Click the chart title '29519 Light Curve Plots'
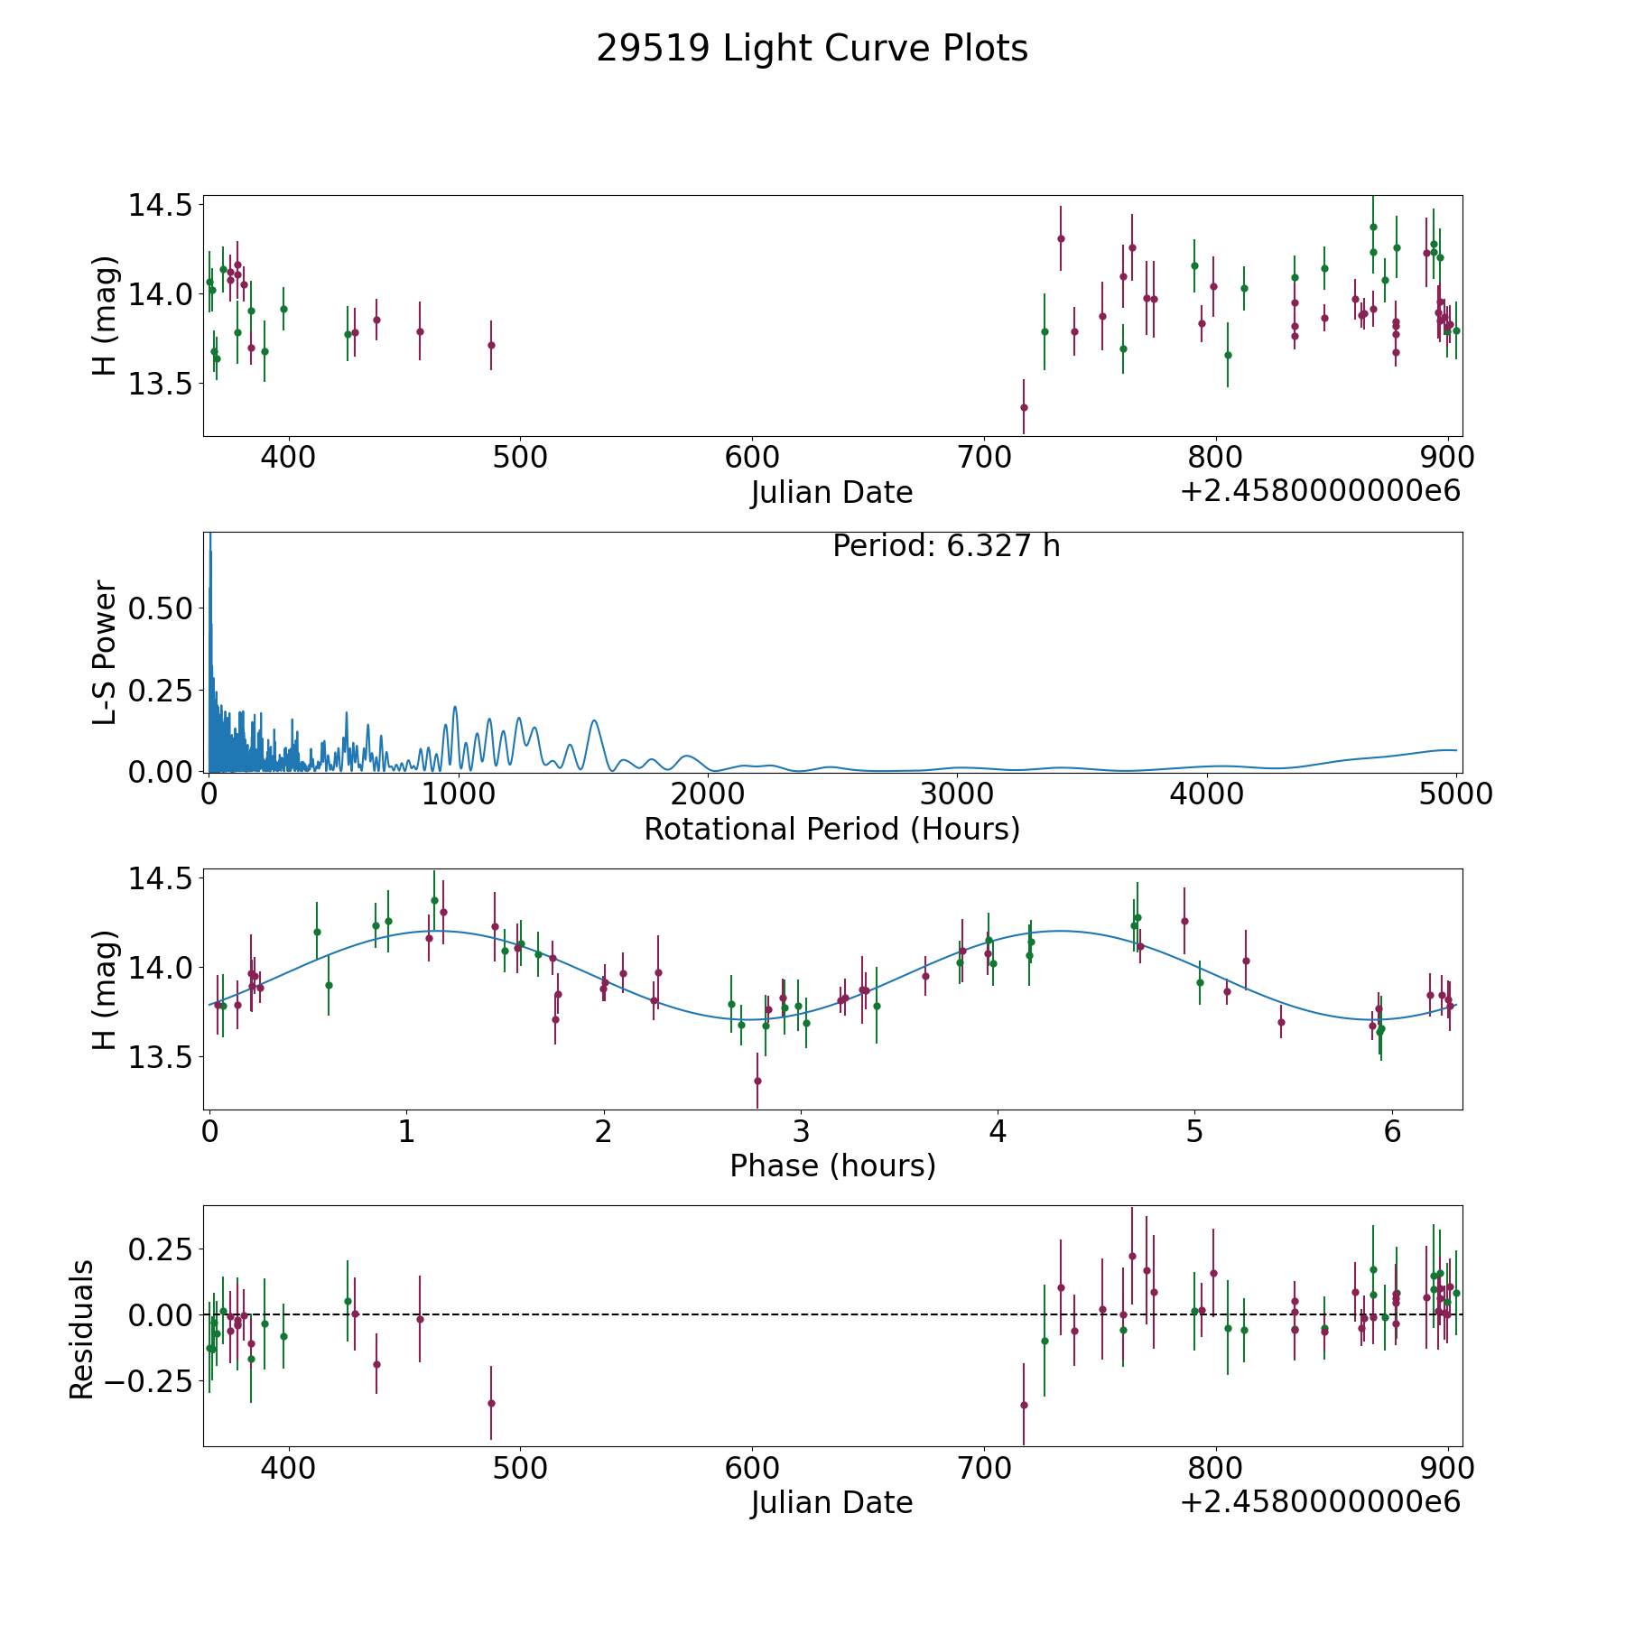click(812, 49)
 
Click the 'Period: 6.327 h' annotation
click(946, 546)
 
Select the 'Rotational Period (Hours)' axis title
click(831, 829)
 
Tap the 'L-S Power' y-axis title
click(105, 653)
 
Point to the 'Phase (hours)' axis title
click(832, 1165)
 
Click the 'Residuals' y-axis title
click(82, 1329)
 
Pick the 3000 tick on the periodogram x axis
click(957, 794)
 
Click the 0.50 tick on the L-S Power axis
click(161, 608)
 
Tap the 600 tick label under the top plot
click(752, 457)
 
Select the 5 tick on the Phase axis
click(1194, 1130)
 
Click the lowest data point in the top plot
click(1024, 407)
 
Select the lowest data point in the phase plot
click(757, 1081)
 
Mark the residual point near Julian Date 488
click(491, 1403)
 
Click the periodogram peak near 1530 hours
click(594, 720)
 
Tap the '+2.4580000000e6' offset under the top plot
click(1320, 491)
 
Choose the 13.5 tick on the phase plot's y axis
click(161, 1057)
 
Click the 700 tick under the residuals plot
click(984, 1468)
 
